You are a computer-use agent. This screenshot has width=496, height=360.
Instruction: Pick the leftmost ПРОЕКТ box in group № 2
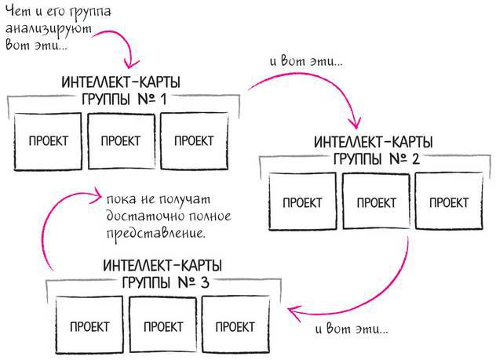[302, 202]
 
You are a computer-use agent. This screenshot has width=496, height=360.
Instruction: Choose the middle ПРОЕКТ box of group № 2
[376, 202]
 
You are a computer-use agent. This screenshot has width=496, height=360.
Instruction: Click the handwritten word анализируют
[48, 30]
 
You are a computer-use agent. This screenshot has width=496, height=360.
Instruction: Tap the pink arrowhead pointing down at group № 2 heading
[355, 123]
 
